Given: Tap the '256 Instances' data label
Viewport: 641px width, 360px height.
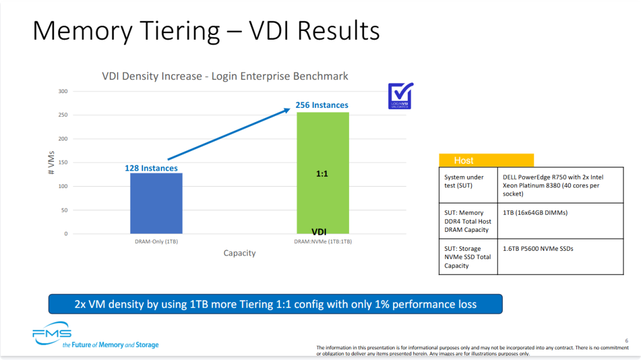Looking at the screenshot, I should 322,105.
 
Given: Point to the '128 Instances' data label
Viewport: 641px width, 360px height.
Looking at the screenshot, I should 151,168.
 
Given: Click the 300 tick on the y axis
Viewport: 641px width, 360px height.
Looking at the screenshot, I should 63,91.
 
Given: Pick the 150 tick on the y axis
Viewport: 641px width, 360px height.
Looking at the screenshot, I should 63,163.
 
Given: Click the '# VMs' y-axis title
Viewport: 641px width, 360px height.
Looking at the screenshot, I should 51,163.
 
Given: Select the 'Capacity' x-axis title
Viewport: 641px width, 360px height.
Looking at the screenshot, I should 239,253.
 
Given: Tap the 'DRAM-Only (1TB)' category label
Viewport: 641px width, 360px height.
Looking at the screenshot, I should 156,241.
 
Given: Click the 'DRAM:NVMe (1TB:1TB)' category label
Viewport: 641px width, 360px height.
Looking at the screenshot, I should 322,241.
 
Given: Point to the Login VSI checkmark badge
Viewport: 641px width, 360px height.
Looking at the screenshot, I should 400,95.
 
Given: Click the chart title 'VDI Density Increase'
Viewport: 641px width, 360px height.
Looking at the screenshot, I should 225,76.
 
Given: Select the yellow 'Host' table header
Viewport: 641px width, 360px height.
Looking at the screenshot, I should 486,160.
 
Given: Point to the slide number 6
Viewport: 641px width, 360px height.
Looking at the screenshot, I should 626,340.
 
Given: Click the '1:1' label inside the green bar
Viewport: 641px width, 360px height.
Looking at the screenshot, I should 322,174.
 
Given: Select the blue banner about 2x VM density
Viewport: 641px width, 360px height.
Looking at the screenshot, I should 275,304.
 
